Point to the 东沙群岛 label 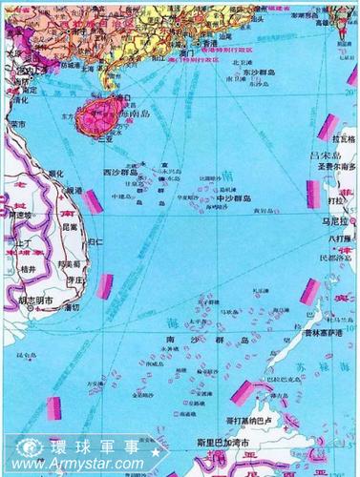[x=262, y=72]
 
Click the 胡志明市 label [x=36, y=301]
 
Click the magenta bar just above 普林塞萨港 [x=309, y=292]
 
